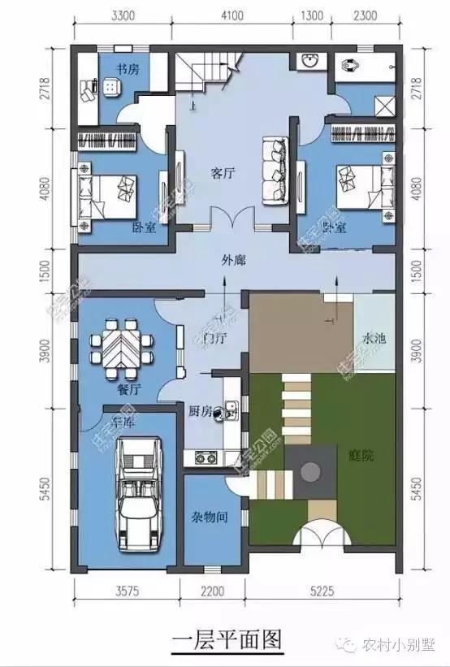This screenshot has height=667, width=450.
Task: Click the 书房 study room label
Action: [x=127, y=68]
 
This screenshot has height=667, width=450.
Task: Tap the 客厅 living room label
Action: [x=223, y=172]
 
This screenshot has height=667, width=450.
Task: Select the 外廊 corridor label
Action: [x=235, y=260]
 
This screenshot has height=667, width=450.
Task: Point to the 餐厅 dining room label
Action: [x=129, y=389]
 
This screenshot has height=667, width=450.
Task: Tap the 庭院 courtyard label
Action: [x=362, y=456]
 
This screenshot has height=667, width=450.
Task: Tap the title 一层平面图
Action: [x=228, y=641]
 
